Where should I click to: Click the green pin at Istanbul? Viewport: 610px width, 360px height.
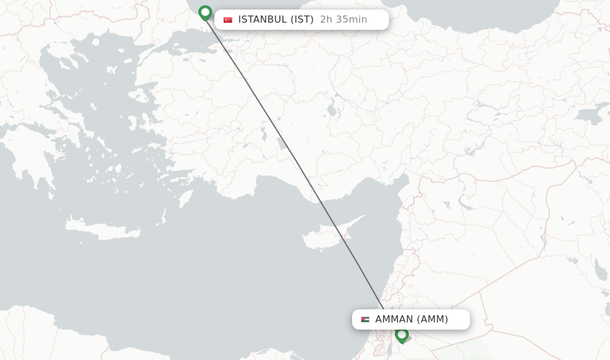pos(206,13)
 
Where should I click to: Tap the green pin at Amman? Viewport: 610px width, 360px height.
pos(402,334)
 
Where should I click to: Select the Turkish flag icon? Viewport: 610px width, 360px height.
pos(228,20)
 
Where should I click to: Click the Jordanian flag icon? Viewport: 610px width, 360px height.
pos(365,319)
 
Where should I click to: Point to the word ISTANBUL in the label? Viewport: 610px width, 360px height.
pos(262,20)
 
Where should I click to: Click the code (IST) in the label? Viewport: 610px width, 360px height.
pos(302,20)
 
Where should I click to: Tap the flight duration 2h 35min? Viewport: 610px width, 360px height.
pos(344,20)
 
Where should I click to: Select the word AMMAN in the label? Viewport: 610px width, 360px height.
pos(394,319)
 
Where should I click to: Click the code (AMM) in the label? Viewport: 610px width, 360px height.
pos(432,319)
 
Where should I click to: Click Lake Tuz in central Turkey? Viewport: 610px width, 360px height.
pos(331,110)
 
